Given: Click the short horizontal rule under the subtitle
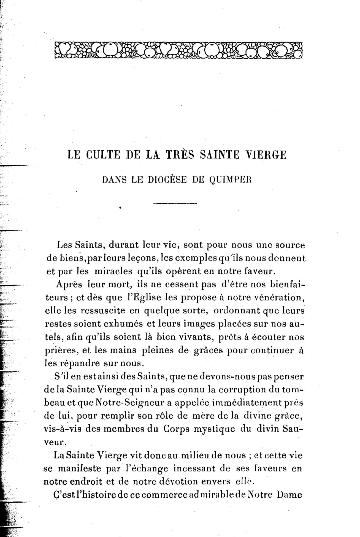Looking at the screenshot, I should click(x=175, y=204).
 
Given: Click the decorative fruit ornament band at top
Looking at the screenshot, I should click(x=178, y=50).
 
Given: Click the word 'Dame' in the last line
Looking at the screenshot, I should click(x=289, y=495).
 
